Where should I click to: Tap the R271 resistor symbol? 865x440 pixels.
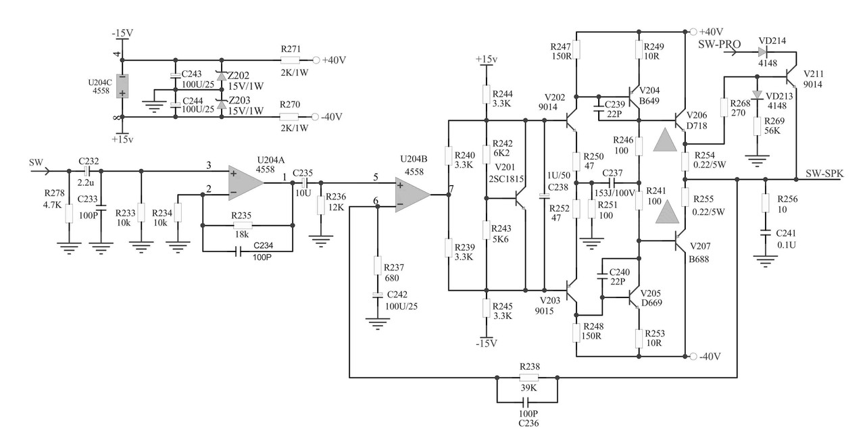[290, 60]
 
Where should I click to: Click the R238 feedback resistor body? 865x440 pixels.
[528, 378]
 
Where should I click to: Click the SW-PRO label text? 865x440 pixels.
[719, 43]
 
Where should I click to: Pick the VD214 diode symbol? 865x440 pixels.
[764, 51]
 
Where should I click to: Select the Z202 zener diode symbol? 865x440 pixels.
[221, 76]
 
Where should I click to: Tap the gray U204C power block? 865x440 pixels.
[122, 86]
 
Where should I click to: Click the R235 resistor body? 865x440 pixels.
[242, 226]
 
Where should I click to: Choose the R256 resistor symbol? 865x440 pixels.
[765, 203]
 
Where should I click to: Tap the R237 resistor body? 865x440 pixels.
[378, 266]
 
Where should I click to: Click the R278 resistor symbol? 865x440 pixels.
[68, 214]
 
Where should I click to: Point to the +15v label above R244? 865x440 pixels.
[487, 59]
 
